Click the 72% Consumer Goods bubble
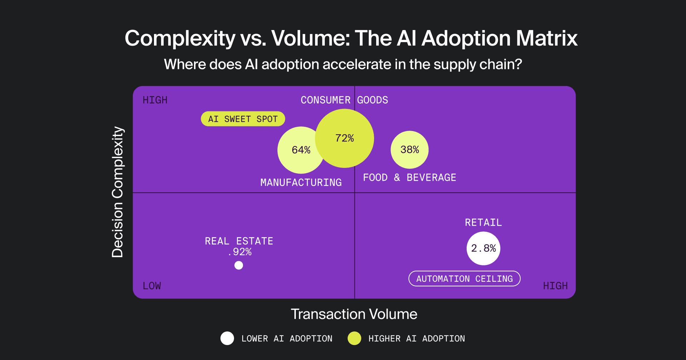[x=345, y=138]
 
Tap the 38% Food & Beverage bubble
[x=409, y=150]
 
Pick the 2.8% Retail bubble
[x=483, y=249]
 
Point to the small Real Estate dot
[x=239, y=265]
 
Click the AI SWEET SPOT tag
[x=243, y=119]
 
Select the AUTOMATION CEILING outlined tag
[x=464, y=279]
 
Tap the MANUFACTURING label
[x=301, y=182]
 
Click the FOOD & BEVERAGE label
[x=409, y=177]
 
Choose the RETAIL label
[x=483, y=222]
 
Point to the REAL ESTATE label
[x=239, y=241]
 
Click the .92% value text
[x=240, y=252]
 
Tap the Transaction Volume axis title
[x=354, y=314]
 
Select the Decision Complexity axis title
[x=118, y=192]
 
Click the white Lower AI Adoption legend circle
[x=227, y=338]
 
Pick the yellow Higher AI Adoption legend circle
[x=354, y=338]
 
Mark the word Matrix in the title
[x=547, y=38]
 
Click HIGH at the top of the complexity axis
[x=155, y=100]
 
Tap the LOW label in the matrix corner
[x=152, y=286]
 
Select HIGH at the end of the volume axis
[x=555, y=286]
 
